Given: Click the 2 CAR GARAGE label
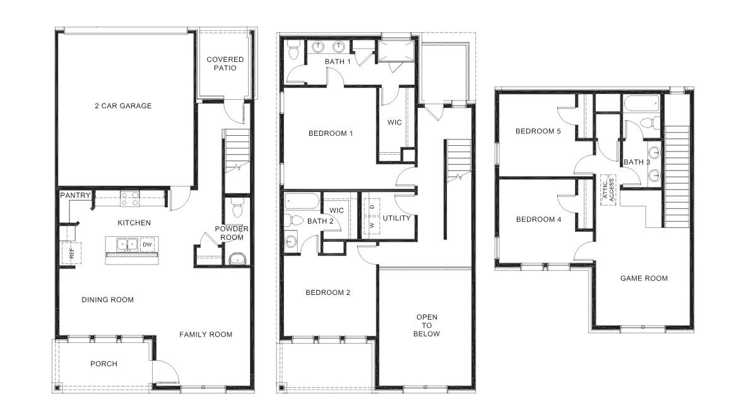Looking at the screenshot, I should tap(123, 106).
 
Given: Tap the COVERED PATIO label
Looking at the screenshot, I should tap(225, 64).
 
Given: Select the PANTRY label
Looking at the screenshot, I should tap(75, 196).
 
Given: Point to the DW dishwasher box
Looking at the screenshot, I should tap(146, 244).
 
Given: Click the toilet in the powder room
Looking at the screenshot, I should tap(237, 207).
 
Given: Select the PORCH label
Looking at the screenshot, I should tap(104, 364).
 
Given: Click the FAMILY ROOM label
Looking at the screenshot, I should tap(205, 335).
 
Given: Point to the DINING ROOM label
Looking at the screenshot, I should tap(107, 300).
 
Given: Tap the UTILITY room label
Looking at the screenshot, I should tap(396, 219).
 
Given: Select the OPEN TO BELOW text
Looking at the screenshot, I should tap(427, 325).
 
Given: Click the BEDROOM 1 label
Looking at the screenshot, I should tap(330, 133).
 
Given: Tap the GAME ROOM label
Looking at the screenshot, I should tap(644, 279).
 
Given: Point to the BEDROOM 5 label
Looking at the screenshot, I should tap(538, 131).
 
